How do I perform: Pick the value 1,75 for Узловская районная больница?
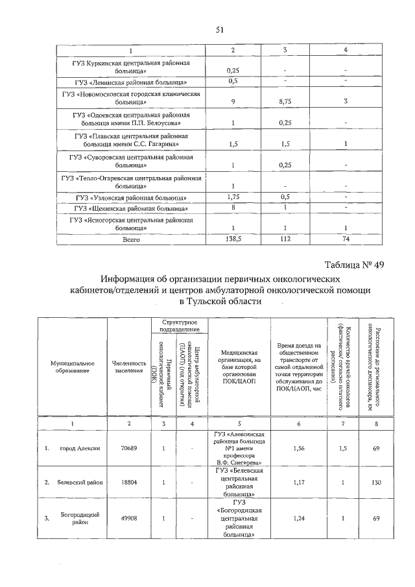point(233,197)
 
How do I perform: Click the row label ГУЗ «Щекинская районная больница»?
point(132,208)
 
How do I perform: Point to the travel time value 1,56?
point(298,448)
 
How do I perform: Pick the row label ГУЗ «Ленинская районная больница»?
point(132,82)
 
